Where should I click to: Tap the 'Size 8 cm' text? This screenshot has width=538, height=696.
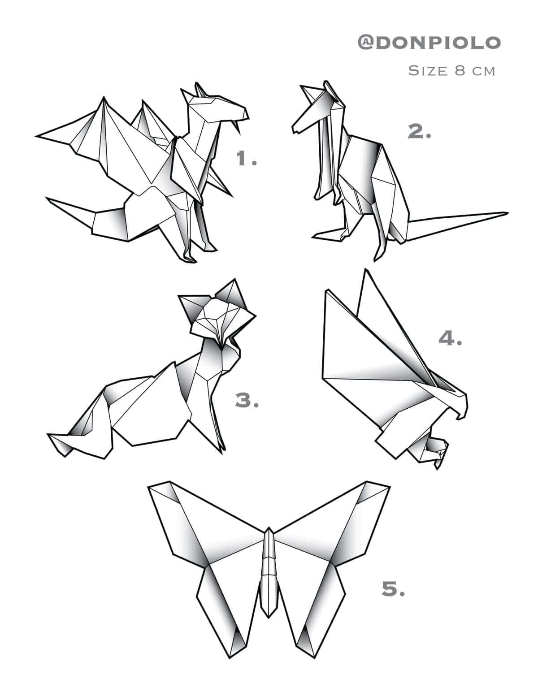pos(451,71)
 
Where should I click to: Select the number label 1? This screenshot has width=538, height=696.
pos(246,159)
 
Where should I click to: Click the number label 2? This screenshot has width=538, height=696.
pos(419,132)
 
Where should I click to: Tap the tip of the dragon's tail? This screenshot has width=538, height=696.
pos(48,199)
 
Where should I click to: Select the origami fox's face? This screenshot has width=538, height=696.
pos(219,320)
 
